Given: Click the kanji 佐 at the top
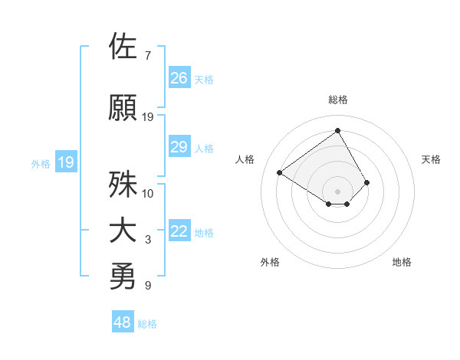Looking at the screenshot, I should pos(123,47).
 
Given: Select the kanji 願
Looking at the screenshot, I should pos(123,107).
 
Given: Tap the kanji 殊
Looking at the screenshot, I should pos(123,183).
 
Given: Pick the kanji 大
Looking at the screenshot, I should pos(123,231).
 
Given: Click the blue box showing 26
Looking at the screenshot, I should pos(179,78).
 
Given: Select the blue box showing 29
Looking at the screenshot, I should pos(179,148).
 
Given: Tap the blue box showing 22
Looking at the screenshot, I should pos(179,232).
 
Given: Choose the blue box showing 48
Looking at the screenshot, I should pos(123,322).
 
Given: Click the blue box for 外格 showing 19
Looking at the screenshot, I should pos(66,162).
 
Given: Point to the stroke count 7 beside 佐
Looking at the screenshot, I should pos(148,56).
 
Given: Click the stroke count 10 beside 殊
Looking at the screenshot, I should pos(148,193).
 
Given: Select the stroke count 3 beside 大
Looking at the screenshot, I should pos(148,241).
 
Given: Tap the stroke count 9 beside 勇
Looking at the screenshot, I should pos(148,286).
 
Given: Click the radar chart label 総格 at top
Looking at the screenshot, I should pos(338,100).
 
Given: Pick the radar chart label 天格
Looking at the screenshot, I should pos(431,159).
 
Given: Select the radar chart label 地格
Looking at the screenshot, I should pos(402,263).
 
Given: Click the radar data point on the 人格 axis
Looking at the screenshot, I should pos(280,172).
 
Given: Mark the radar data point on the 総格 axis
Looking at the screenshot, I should pos(337,130).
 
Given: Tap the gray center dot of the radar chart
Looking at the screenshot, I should pos(337,191).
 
